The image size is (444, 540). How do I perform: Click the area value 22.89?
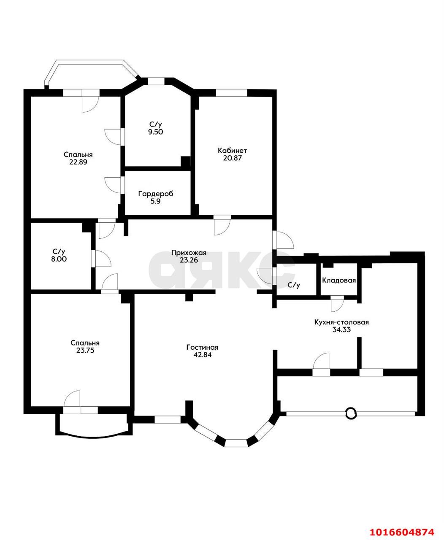tap(78, 162)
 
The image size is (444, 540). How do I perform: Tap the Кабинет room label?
tap(233, 151)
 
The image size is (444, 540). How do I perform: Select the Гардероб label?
tap(156, 194)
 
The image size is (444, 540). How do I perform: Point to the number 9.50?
tap(156, 132)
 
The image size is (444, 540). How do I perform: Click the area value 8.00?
tap(59, 259)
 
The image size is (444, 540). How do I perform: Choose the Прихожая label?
tap(189, 253)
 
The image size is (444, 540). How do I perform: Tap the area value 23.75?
tap(85, 351)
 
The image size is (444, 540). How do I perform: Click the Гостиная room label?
tap(203, 348)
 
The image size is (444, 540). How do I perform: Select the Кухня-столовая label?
tap(341, 322)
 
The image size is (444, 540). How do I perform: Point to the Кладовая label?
tap(339, 281)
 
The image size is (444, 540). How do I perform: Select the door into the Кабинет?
tap(222, 226)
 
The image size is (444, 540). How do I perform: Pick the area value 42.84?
tap(203, 355)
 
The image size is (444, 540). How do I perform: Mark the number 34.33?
tap(341, 330)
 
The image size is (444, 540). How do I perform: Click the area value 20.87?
tap(233, 158)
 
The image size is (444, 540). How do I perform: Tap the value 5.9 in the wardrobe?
tap(155, 201)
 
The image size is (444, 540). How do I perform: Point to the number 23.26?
tap(189, 260)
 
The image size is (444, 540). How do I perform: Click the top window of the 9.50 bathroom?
tap(156, 81)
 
